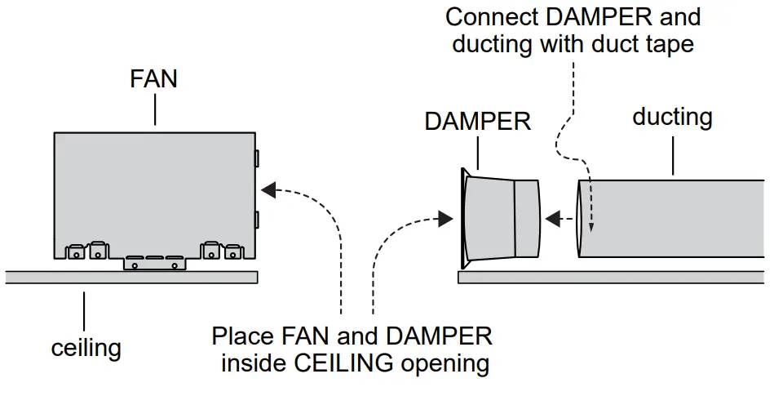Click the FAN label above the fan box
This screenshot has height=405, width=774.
153,80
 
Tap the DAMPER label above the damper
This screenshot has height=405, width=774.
477,122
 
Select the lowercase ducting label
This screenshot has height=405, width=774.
672,117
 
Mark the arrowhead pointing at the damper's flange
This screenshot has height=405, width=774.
445,218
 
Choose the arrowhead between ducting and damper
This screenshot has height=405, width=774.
553,218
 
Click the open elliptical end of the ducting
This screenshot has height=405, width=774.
581,218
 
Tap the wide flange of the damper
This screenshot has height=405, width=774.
464,218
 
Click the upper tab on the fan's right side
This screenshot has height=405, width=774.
257,158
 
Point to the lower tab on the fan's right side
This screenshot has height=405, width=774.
257,219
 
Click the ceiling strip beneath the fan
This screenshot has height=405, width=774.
130,277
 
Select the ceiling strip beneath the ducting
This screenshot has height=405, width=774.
612,278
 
